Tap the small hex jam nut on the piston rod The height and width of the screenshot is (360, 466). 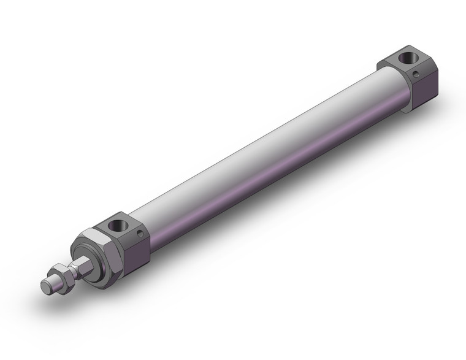[x=61, y=272]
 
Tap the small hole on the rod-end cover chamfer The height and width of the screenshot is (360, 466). [x=141, y=234]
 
